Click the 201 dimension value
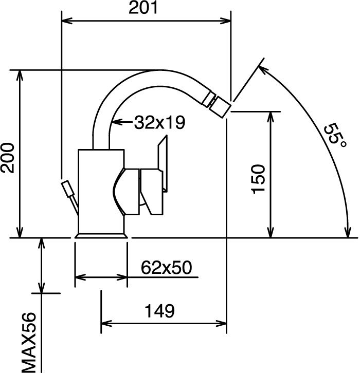coord(143,8)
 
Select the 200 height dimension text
coord(8,158)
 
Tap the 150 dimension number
coord(258,179)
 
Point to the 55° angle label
coord(334,135)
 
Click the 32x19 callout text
coord(159,122)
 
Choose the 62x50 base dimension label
coord(166,267)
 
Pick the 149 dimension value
coord(160,311)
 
